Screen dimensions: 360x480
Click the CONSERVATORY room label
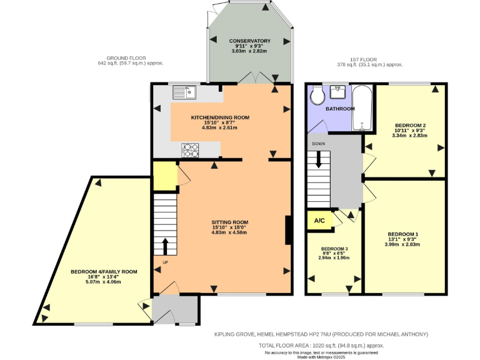coord(249,41)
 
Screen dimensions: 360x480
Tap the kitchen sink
coord(185,92)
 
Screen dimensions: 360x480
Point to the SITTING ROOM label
coord(229,222)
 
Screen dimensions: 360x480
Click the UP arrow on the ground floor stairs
coord(165,245)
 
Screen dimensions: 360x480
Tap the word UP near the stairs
coord(165,262)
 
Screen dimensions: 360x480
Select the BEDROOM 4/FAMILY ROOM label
coord(104,272)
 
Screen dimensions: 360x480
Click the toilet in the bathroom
coord(317,96)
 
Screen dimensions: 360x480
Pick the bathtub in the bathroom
coord(362,107)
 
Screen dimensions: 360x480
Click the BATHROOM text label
coord(340,109)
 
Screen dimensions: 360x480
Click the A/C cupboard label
coord(319,221)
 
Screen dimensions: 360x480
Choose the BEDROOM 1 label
coord(402,234)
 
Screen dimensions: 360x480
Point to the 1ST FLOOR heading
coord(366,57)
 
